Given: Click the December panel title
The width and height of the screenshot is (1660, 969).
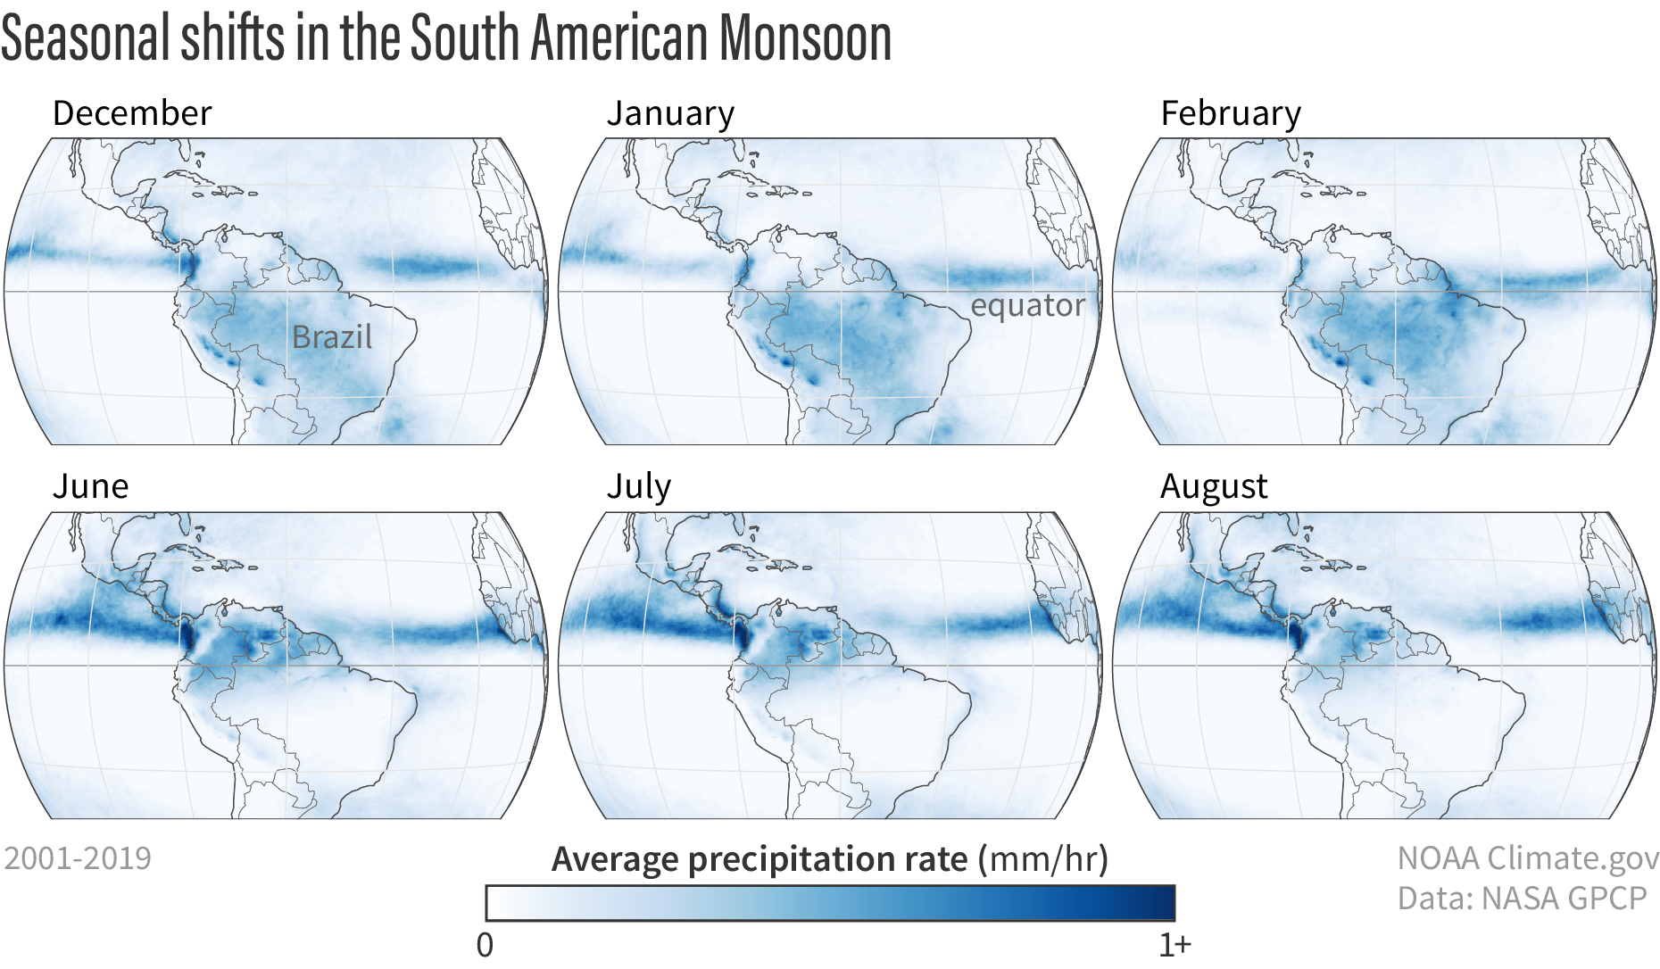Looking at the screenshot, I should tap(132, 113).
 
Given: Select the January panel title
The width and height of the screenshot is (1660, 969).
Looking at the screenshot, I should tap(670, 113).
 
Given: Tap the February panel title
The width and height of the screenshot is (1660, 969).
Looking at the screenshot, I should tap(1231, 113).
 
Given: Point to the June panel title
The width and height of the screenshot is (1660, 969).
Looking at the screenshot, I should tap(90, 486).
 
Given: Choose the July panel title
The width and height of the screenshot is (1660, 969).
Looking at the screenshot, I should tap(638, 486).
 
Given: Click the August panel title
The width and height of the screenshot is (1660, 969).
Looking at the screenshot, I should tap(1214, 486).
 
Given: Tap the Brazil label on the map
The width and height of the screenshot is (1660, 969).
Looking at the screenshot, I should tap(332, 337).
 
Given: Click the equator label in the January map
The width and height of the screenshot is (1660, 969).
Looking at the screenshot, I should tap(1027, 305).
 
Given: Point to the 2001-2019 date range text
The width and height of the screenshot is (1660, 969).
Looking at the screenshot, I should tap(78, 858).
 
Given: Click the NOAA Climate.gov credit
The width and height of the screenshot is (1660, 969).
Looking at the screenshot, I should tap(1527, 858).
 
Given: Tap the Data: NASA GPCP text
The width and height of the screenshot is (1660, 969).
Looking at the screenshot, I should tap(1522, 899).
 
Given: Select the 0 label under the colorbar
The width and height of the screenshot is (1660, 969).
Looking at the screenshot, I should tap(485, 945).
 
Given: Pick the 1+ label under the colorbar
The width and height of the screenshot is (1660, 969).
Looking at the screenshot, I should tap(1174, 945).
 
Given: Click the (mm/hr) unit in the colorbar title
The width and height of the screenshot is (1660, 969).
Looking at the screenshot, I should tap(1043, 859).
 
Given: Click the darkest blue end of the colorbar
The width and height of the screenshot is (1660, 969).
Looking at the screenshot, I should tap(1164, 903).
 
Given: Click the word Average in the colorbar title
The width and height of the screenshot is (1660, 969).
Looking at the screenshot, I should tap(615, 859).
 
